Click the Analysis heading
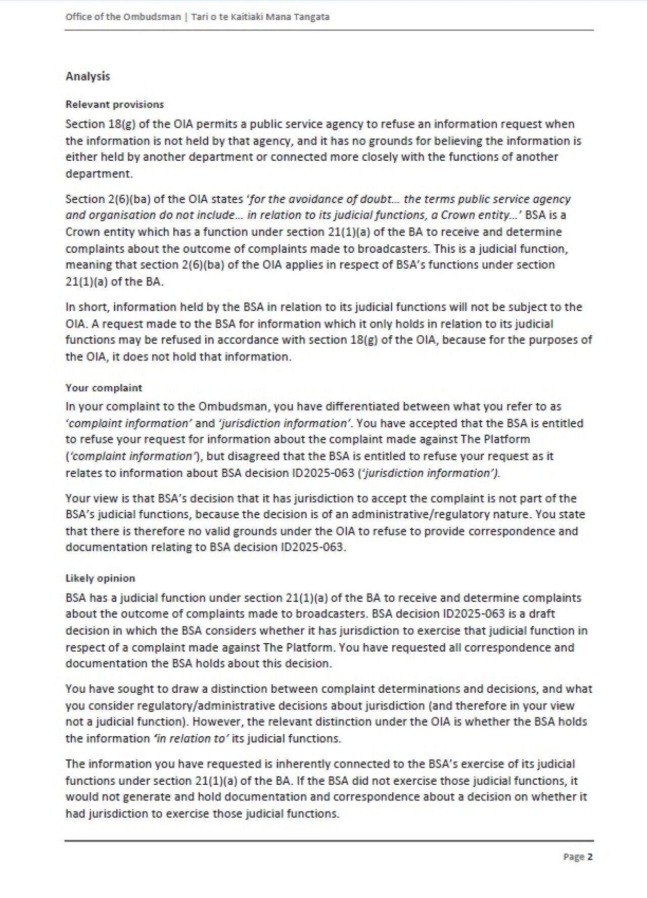coord(87,76)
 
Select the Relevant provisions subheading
coord(115,105)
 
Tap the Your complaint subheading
coord(104,388)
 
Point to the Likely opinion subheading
coord(100,578)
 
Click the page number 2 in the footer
coord(589,857)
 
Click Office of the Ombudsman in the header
coord(123,17)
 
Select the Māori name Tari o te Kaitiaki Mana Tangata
coord(260,17)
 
